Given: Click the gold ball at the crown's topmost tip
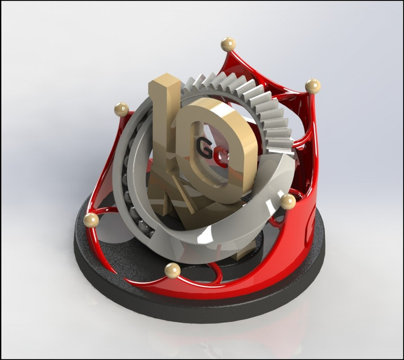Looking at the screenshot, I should tap(228, 44).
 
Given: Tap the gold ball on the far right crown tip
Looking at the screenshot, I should tap(313, 86).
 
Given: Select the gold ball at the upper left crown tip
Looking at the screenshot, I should tap(121, 109).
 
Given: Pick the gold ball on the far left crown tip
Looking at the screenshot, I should tap(91, 220).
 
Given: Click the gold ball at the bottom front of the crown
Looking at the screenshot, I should tap(172, 271).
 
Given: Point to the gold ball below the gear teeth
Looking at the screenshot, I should tap(288, 202).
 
